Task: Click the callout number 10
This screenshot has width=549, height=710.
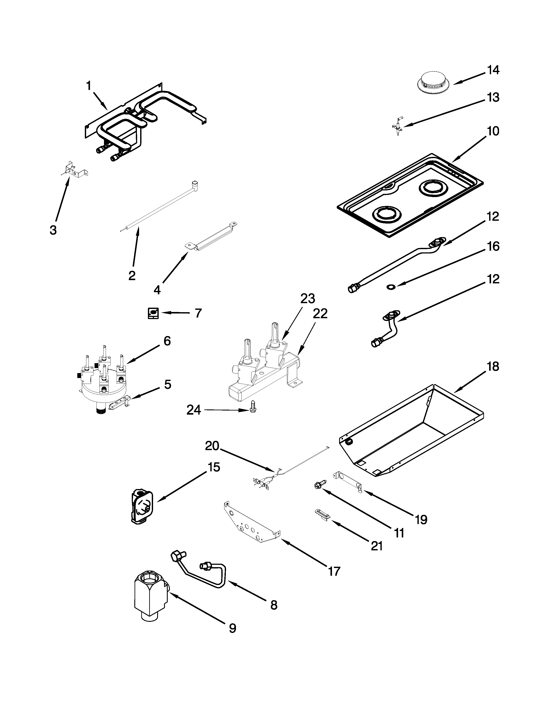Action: [x=493, y=131]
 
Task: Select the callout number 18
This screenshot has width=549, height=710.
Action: [x=493, y=366]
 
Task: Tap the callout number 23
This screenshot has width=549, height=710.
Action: [x=307, y=298]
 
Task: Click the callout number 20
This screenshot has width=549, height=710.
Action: [x=212, y=446]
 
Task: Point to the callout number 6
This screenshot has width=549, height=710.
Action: [x=167, y=341]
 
